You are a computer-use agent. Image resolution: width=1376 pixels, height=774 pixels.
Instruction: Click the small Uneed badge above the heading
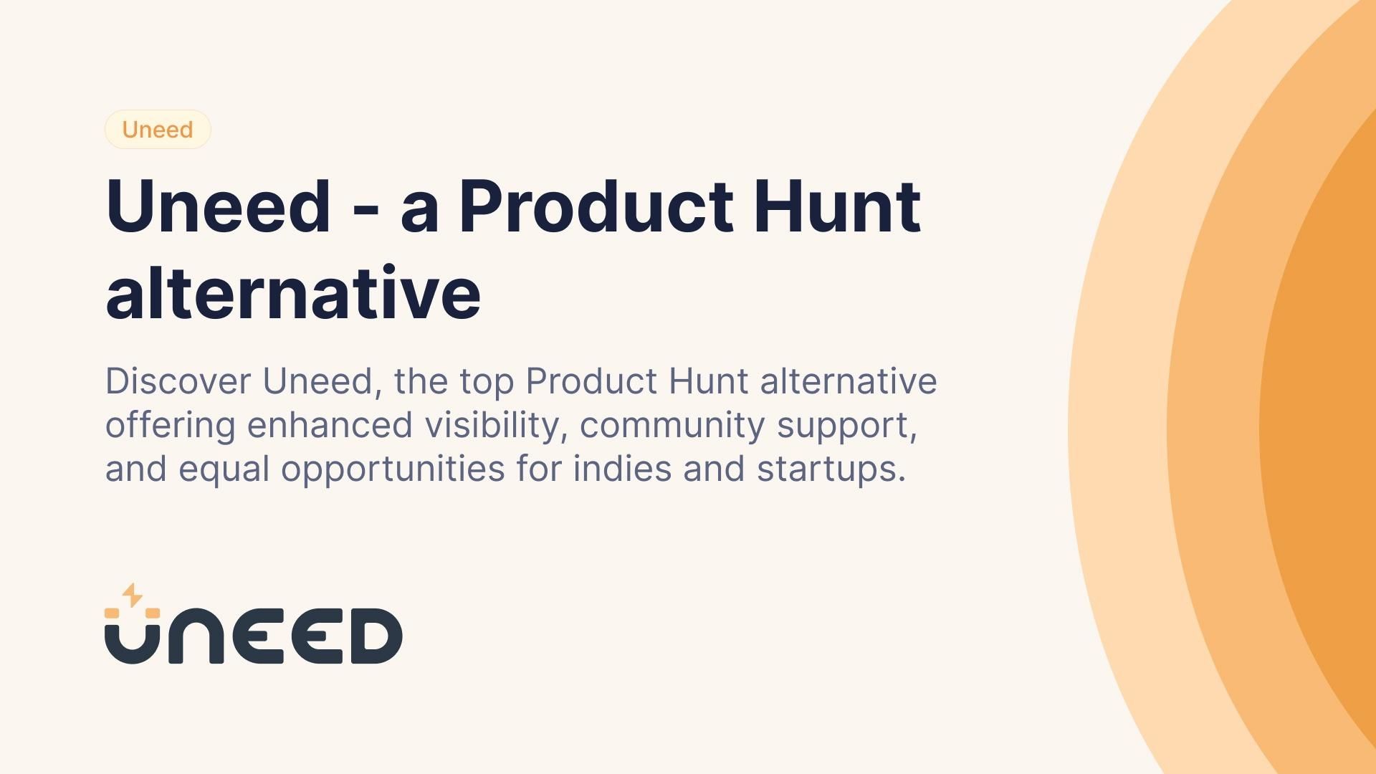(158, 130)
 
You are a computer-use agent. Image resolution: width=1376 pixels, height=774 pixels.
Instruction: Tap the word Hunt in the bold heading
(836, 207)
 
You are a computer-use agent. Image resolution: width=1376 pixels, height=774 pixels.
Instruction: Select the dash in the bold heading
(365, 210)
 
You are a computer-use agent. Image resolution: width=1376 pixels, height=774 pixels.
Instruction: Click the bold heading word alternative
(293, 293)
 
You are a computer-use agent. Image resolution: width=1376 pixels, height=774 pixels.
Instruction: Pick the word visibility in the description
(491, 425)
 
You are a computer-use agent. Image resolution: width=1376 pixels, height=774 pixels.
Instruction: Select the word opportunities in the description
(393, 469)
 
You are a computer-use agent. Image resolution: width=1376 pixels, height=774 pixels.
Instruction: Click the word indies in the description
(621, 469)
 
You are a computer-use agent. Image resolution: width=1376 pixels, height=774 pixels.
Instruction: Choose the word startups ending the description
(831, 469)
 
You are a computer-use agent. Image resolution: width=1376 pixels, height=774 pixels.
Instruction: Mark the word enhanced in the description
(330, 425)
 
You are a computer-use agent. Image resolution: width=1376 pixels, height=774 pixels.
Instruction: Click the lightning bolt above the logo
(132, 595)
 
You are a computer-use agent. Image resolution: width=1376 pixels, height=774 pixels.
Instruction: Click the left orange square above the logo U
(112, 613)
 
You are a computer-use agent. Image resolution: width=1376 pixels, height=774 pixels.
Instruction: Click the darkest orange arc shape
(1326, 430)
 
